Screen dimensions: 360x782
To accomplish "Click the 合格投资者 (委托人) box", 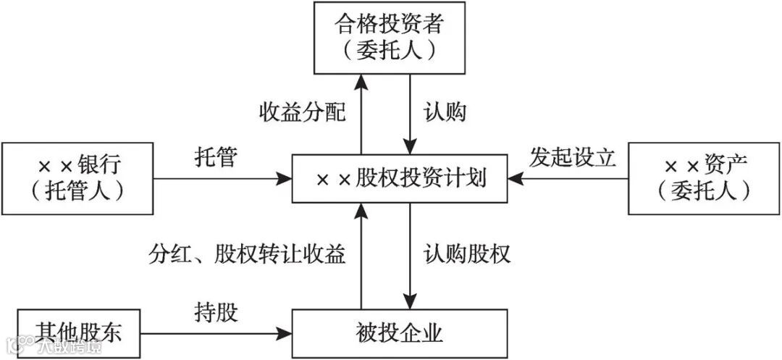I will coord(389,38).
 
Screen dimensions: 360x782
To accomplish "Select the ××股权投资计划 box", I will coord(399,178).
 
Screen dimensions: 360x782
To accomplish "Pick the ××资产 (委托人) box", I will coord(703,178).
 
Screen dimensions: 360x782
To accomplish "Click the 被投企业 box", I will coord(399,333).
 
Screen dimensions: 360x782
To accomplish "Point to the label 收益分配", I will coord(302,113).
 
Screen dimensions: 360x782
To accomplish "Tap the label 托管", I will coord(216,158).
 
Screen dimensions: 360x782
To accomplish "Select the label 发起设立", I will coord(572,158).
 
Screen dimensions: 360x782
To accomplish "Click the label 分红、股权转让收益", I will coord(247,254).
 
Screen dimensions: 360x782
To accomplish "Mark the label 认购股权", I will coord(467,254).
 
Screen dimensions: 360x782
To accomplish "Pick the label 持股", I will coord(216,314).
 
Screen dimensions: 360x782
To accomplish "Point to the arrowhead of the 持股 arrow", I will coord(285,333).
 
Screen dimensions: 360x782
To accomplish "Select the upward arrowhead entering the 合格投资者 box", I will coord(361,80).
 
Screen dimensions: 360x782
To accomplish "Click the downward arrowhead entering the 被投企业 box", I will coord(411,302).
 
